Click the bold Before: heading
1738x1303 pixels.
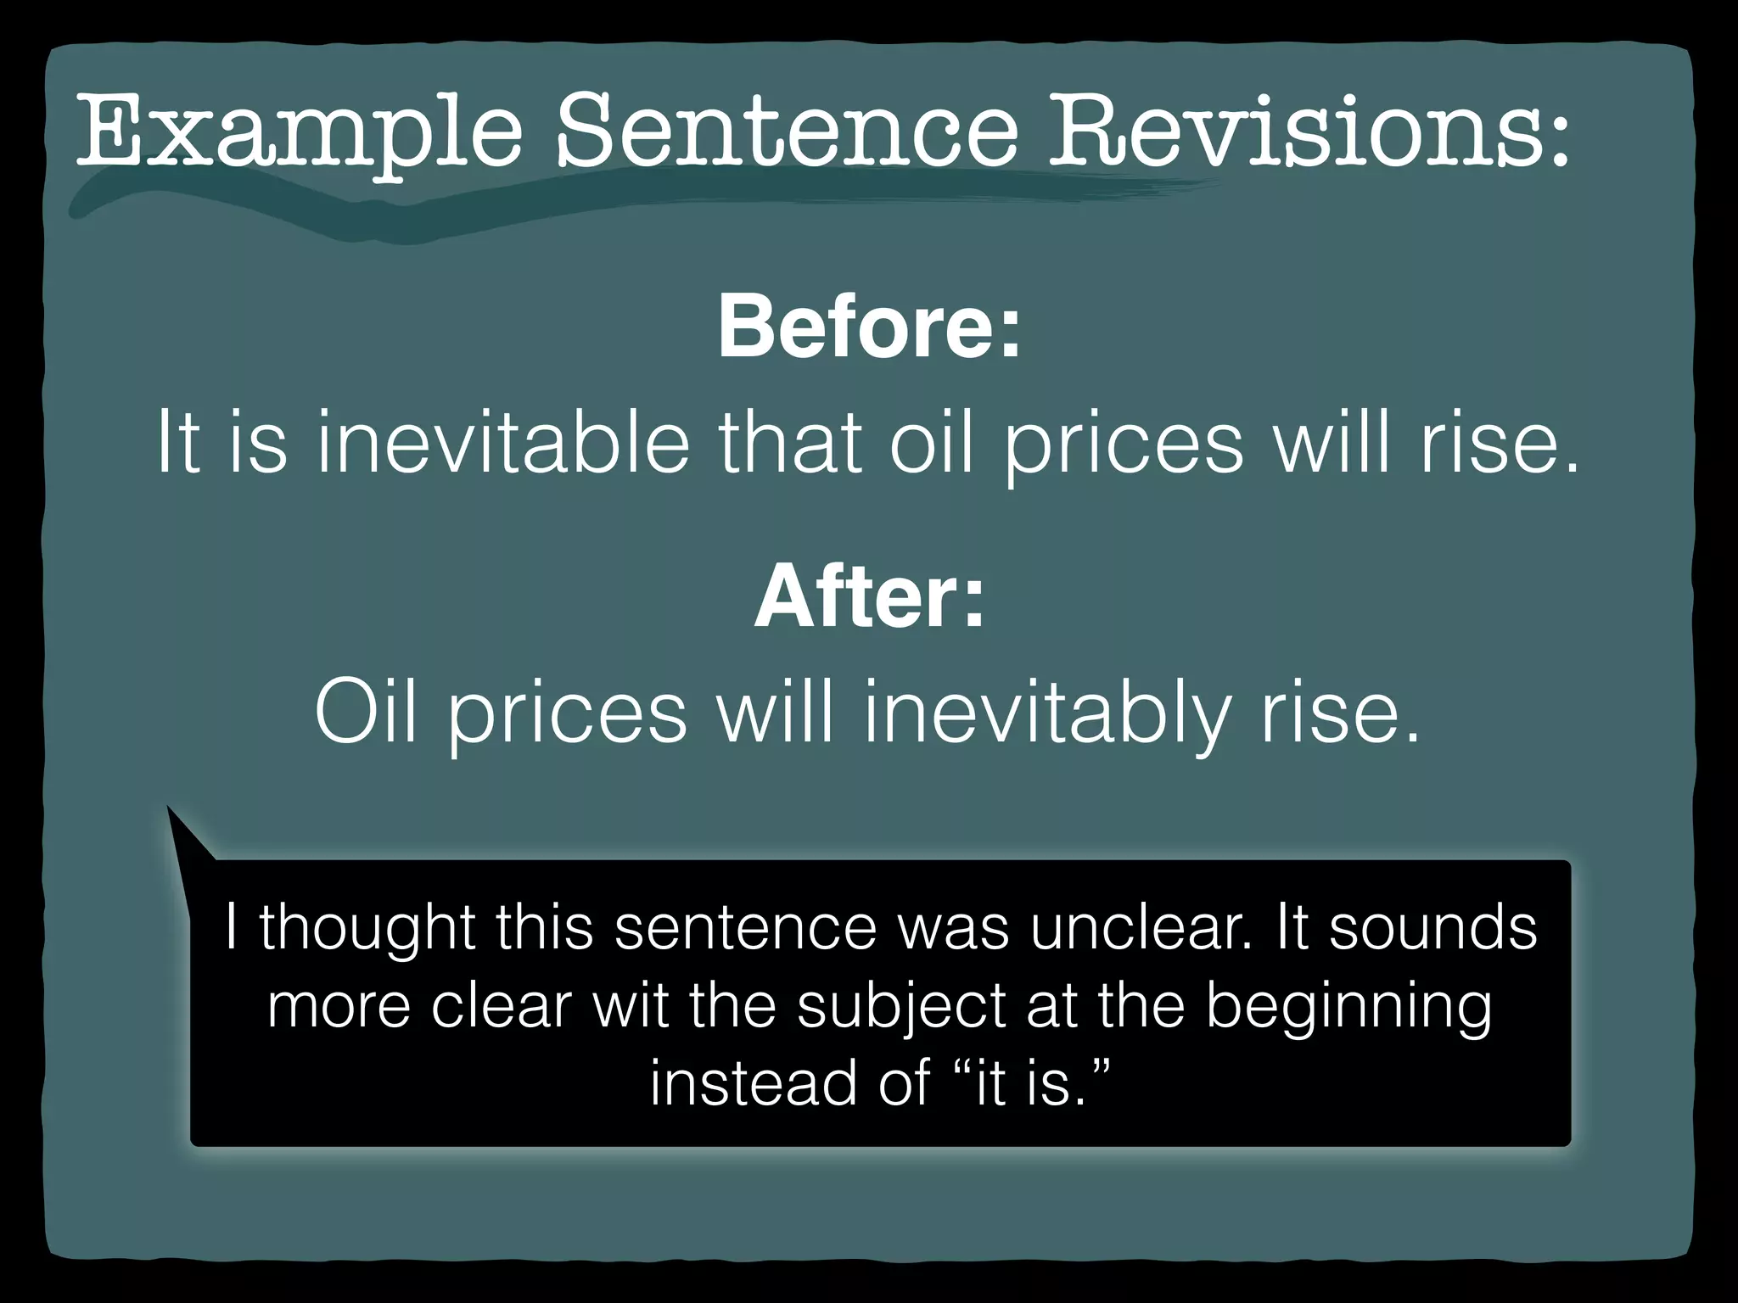click(x=869, y=327)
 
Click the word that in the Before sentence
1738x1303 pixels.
click(x=788, y=441)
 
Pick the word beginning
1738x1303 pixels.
click(x=1348, y=1008)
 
